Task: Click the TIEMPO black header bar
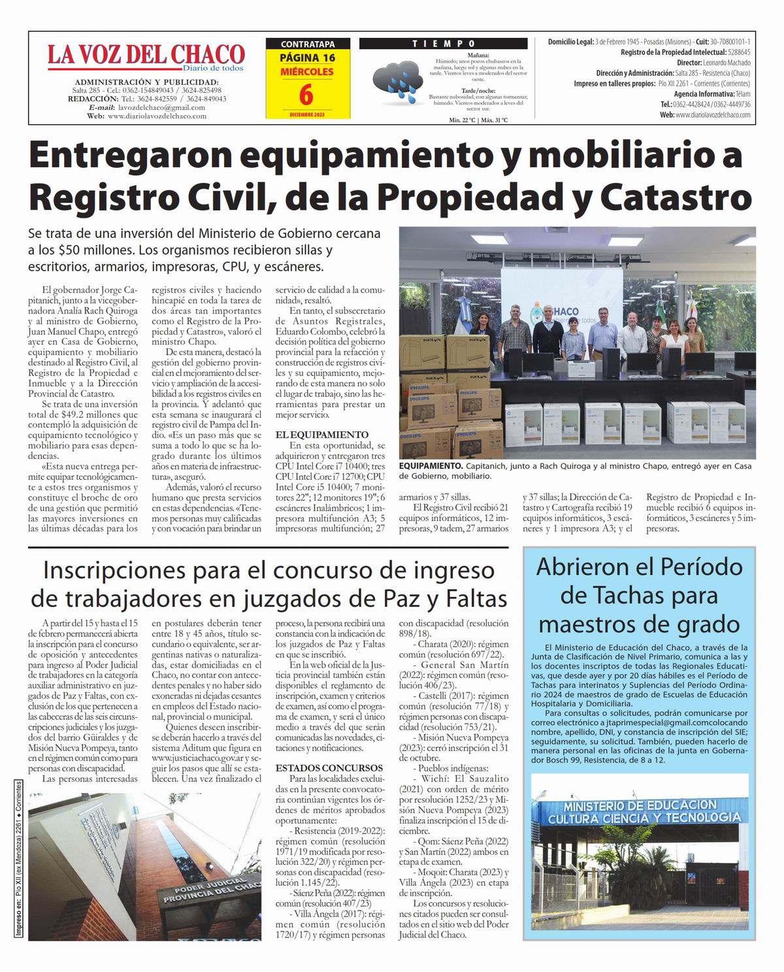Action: point(443,43)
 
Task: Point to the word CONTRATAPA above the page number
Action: point(307,44)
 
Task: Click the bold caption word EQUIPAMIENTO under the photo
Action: point(431,465)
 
